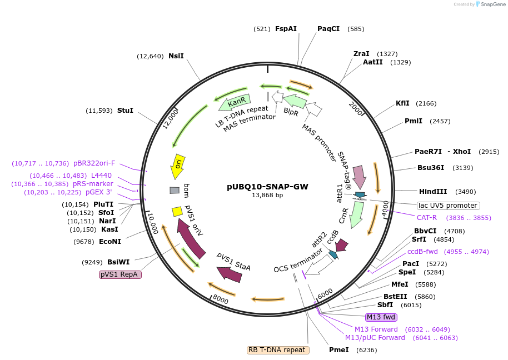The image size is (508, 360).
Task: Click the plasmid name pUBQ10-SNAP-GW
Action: click(267, 187)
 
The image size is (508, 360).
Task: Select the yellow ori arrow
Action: click(177, 166)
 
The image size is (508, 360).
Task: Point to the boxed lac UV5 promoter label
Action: click(448, 206)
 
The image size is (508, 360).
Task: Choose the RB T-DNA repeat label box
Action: click(278, 350)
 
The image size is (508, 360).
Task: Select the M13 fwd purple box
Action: click(381, 317)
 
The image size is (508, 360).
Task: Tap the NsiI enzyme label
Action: click(176, 56)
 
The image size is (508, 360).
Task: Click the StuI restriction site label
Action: click(125, 111)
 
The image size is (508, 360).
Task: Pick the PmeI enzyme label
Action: click(339, 350)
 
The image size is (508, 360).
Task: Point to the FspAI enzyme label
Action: click(286, 28)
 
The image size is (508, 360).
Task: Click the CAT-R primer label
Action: click(427, 218)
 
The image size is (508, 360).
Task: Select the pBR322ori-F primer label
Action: click(94, 163)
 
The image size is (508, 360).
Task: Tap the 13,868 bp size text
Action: click(267, 196)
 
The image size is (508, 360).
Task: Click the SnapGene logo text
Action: click(489, 4)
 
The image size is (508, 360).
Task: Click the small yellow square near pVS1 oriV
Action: click(177, 212)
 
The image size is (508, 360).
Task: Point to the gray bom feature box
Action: click(175, 191)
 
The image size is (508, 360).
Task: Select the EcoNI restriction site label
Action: click(110, 242)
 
